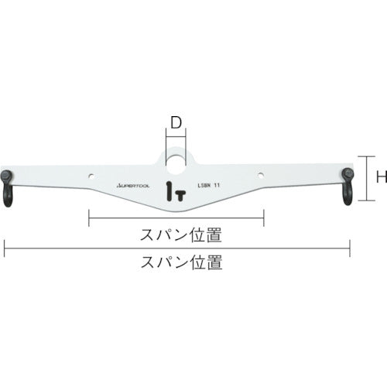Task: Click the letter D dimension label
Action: pyautogui.click(x=176, y=122)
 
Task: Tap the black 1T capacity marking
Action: pyautogui.click(x=175, y=190)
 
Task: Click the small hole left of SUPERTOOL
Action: pyautogui.click(x=91, y=174)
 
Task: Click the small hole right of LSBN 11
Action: pyautogui.click(x=261, y=174)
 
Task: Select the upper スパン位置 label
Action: pyautogui.click(x=176, y=233)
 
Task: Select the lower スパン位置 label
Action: pyautogui.click(x=176, y=262)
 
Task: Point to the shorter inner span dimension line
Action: pyautogui.click(x=176, y=220)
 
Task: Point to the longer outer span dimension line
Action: pyautogui.click(x=176, y=248)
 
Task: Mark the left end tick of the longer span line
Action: pyautogui.click(x=5, y=248)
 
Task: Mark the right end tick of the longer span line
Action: pyautogui.click(x=350, y=248)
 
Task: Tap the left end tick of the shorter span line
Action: pyautogui.click(x=90, y=220)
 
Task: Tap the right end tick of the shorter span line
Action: pyautogui.click(x=264, y=220)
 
